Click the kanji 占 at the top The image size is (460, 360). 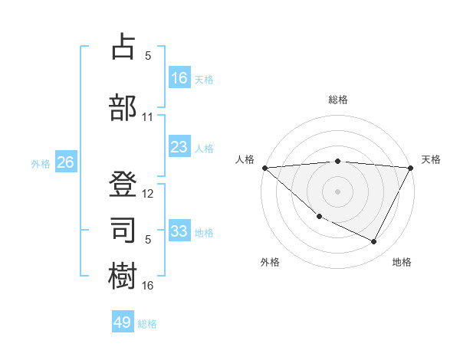[x=123, y=48]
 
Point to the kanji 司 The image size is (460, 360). [x=123, y=227]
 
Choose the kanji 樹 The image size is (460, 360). [x=123, y=275]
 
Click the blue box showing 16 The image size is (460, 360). [x=179, y=78]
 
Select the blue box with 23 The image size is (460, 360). [x=179, y=147]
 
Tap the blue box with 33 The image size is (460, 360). [x=179, y=231]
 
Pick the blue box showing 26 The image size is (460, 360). [x=66, y=162]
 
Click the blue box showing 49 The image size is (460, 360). [x=123, y=322]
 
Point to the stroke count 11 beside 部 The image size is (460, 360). [x=148, y=117]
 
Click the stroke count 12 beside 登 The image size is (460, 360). [x=148, y=194]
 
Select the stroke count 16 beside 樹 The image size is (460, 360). [x=148, y=286]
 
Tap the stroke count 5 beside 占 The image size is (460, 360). [x=148, y=55]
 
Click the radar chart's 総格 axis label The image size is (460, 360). [x=338, y=100]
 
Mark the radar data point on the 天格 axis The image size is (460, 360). [x=411, y=168]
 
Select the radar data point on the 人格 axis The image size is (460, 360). [x=264, y=168]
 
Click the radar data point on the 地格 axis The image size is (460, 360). [x=374, y=241]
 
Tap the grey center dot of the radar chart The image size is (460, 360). [x=338, y=191]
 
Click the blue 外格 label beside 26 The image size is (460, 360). [x=41, y=163]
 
